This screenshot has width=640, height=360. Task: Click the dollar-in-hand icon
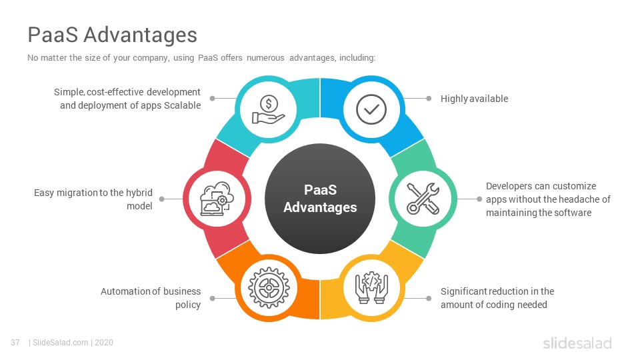coord(268,109)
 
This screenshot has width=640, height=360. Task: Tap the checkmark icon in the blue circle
coord(371,109)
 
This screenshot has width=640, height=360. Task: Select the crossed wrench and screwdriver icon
coord(423,199)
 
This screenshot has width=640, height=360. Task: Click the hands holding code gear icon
coord(371,288)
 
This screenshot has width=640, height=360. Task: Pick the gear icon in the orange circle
coord(269,288)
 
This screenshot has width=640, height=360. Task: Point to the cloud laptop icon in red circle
coord(217,199)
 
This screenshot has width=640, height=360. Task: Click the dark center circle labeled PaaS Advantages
coord(320,199)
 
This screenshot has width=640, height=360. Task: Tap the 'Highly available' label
coord(474,99)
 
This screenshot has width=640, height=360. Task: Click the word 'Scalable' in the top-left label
coord(182,105)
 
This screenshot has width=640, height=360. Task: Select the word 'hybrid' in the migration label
coord(139,193)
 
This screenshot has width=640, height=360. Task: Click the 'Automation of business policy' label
coord(151,298)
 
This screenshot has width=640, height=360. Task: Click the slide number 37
coord(15,343)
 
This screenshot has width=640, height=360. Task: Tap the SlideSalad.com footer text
coord(61,343)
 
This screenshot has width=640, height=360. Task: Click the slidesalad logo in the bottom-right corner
coord(577,343)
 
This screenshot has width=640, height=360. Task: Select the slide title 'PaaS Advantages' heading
coord(112,34)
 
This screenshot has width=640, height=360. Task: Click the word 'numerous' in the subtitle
coord(265,57)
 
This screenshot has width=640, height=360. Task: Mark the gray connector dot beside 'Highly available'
coord(429,99)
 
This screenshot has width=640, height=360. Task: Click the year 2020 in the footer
coord(104,343)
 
